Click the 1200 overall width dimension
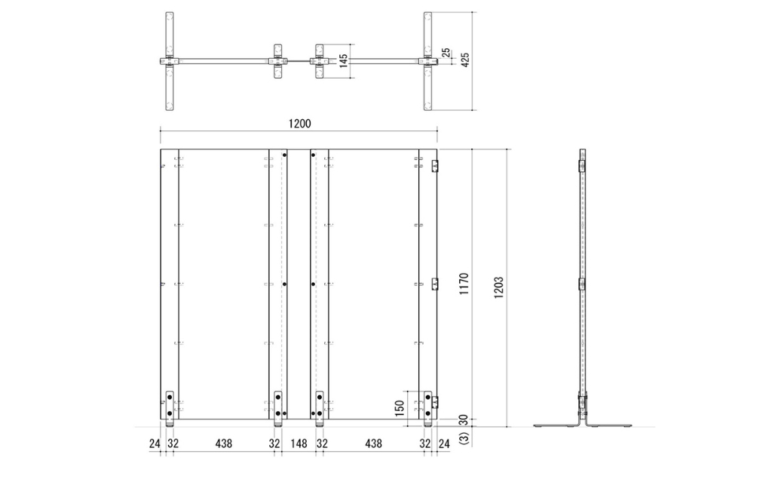click(x=299, y=123)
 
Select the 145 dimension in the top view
click(x=344, y=60)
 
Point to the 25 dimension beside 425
click(x=446, y=53)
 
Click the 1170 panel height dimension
click(x=465, y=284)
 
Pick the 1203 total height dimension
click(x=498, y=287)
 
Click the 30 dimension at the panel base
click(x=465, y=421)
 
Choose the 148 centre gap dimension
click(x=299, y=444)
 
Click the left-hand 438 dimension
click(x=224, y=444)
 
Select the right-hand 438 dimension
click(x=373, y=444)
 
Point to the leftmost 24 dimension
click(x=155, y=444)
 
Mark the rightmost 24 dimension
click(x=444, y=444)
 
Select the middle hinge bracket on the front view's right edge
click(x=434, y=284)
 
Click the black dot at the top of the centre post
click(x=284, y=155)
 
